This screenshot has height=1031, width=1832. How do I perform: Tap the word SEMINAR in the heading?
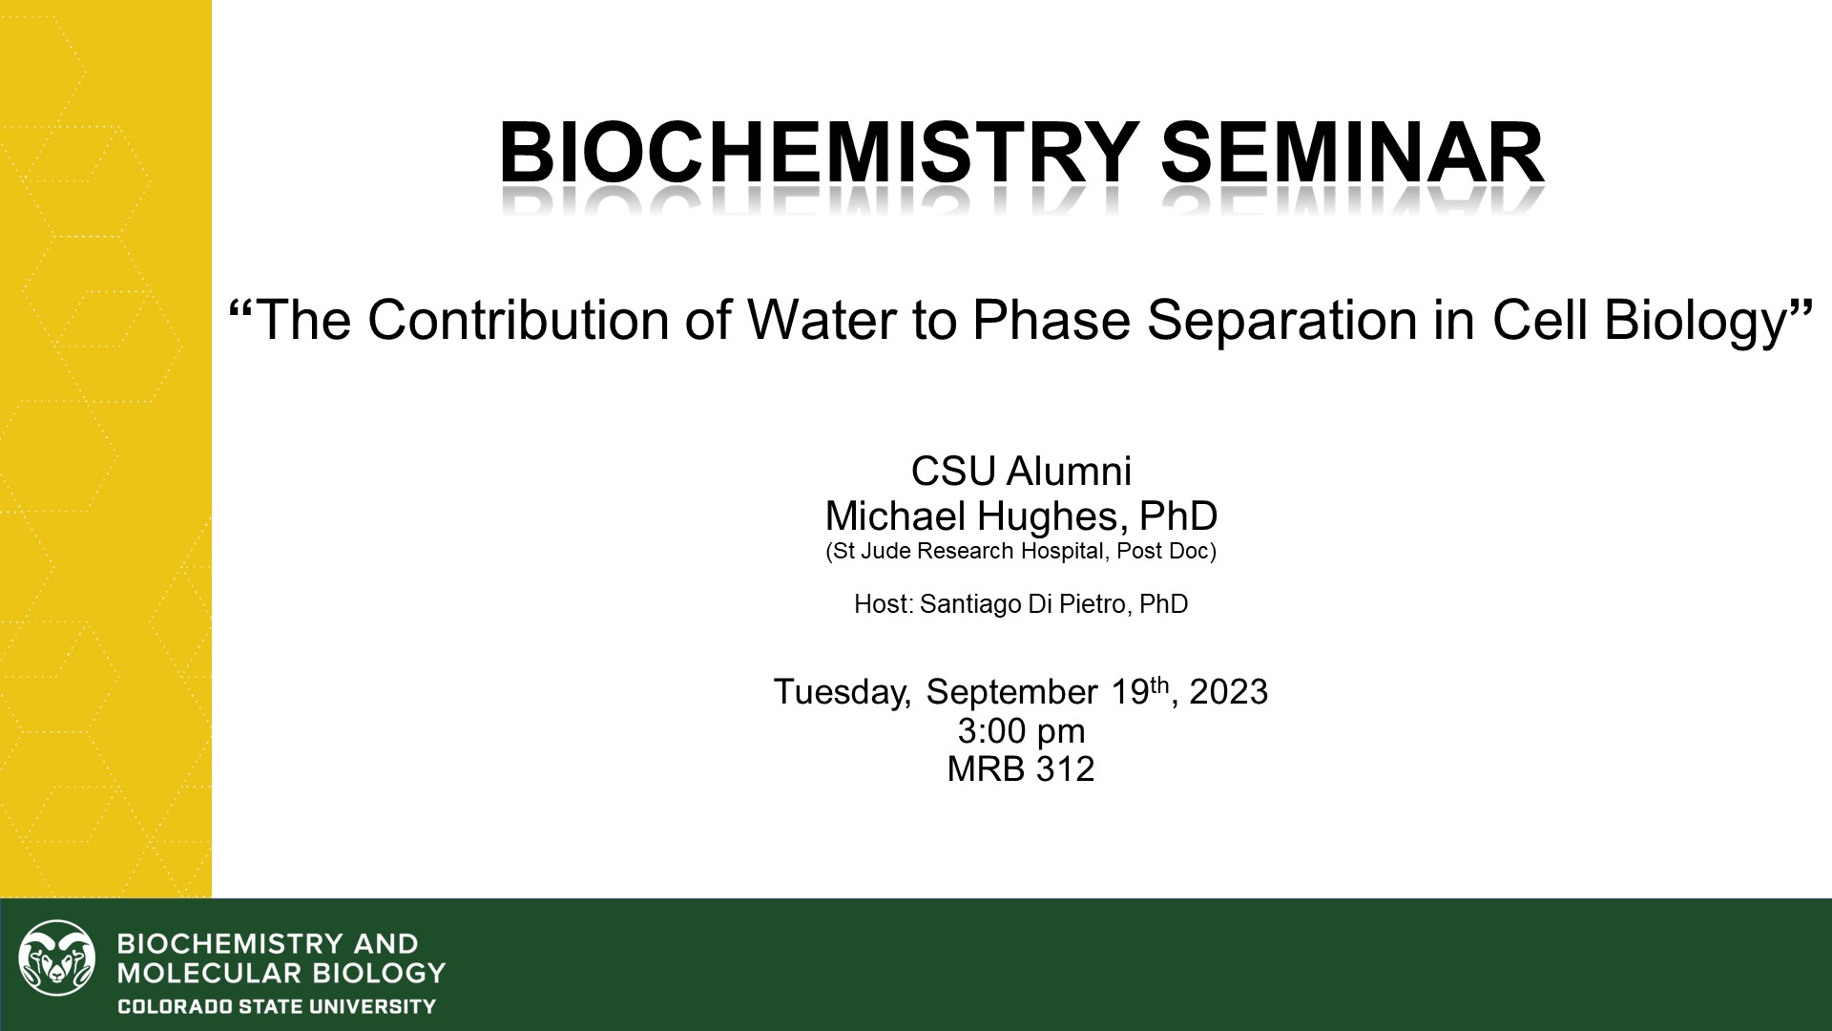pos(1352,153)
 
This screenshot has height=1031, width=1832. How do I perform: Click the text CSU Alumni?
pos(1021,471)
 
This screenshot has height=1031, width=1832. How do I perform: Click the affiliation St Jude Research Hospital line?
pos(1020,551)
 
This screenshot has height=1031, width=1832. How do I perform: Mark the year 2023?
pos(1228,691)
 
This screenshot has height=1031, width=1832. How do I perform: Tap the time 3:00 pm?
pos(1021,731)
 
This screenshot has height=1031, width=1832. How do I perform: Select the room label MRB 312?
pos(1020,768)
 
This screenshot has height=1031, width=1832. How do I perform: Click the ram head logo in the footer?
pos(57,957)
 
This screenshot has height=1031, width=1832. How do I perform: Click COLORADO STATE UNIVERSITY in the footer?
pos(276,1006)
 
